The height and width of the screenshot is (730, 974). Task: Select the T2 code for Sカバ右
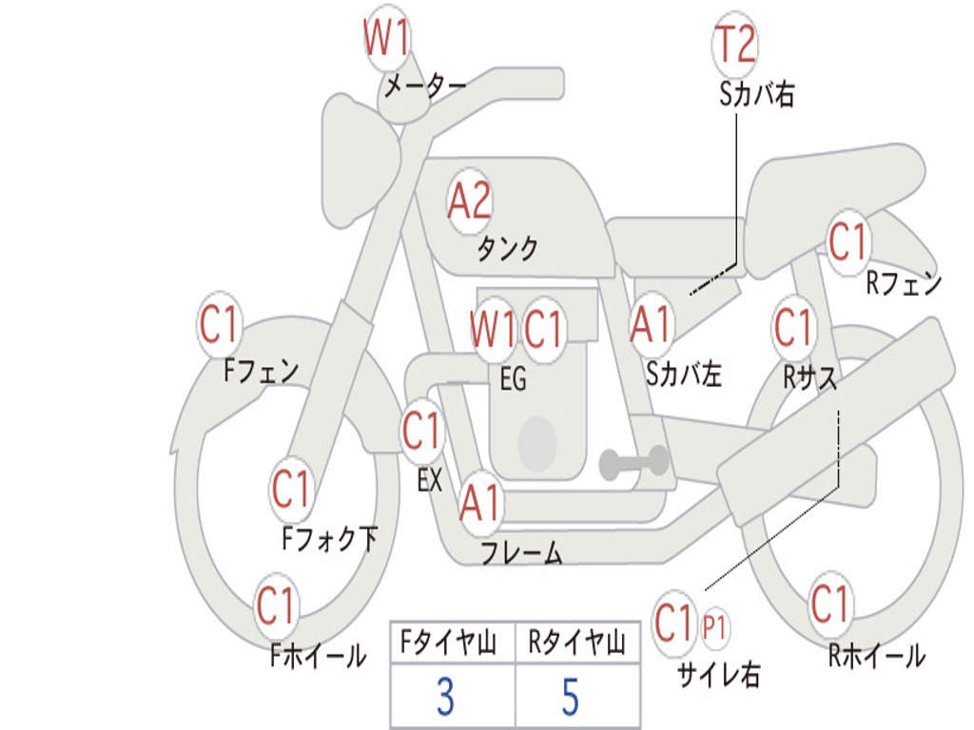click(734, 45)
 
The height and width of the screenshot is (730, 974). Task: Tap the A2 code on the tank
click(470, 201)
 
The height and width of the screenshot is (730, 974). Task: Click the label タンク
click(507, 249)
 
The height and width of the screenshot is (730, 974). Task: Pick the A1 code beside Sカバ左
click(652, 323)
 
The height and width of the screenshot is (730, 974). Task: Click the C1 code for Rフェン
click(847, 241)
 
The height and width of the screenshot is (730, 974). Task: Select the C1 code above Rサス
click(793, 328)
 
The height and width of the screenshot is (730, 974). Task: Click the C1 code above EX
click(422, 432)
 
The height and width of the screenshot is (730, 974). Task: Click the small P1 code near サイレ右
click(715, 627)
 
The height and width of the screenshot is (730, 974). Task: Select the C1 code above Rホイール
click(830, 604)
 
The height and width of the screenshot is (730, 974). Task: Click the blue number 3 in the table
click(445, 698)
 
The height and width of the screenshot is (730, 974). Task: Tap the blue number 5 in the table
click(570, 698)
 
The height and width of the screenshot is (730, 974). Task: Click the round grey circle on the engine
click(537, 442)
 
